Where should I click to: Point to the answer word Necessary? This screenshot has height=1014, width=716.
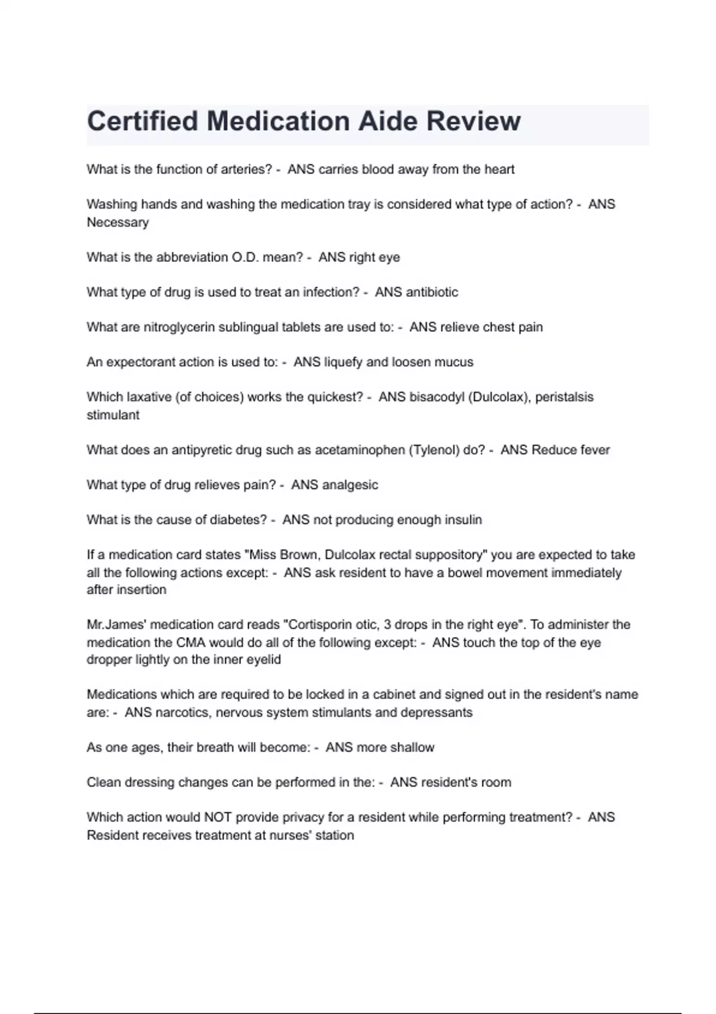coord(118,222)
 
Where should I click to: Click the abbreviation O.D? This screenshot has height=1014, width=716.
coord(245,257)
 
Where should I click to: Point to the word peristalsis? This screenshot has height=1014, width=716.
coord(564,397)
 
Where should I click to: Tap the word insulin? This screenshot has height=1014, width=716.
coord(463,520)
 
